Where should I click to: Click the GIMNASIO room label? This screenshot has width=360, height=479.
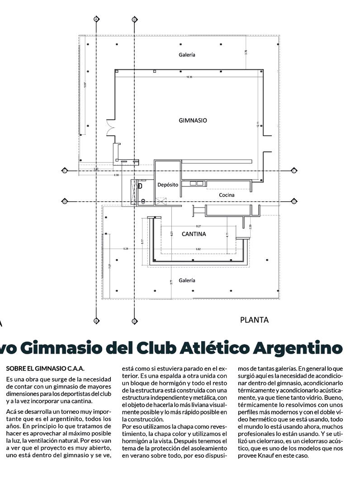pyautogui.click(x=193, y=121)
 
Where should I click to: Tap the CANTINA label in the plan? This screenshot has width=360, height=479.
pyautogui.click(x=194, y=234)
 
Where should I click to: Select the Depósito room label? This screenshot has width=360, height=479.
pyautogui.click(x=168, y=185)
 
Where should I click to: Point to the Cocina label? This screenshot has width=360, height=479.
pyautogui.click(x=227, y=195)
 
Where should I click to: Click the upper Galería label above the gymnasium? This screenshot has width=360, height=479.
pyautogui.click(x=187, y=55)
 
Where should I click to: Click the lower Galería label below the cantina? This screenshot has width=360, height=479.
pyautogui.click(x=187, y=280)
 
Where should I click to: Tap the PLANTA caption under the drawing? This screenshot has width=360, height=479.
pyautogui.click(x=254, y=320)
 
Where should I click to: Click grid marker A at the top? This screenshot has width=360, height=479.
pyautogui.click(x=96, y=19)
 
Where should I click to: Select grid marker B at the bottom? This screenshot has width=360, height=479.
pyautogui.click(x=134, y=321)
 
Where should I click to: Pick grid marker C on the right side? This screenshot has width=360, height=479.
pyautogui.click(x=294, y=171)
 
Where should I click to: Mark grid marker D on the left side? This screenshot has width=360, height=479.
pyautogui.click(x=65, y=201)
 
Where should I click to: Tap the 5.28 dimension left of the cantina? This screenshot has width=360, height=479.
pyautogui.click(x=126, y=249)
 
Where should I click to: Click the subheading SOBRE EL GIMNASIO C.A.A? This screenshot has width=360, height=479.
pyautogui.click(x=45, y=369)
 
